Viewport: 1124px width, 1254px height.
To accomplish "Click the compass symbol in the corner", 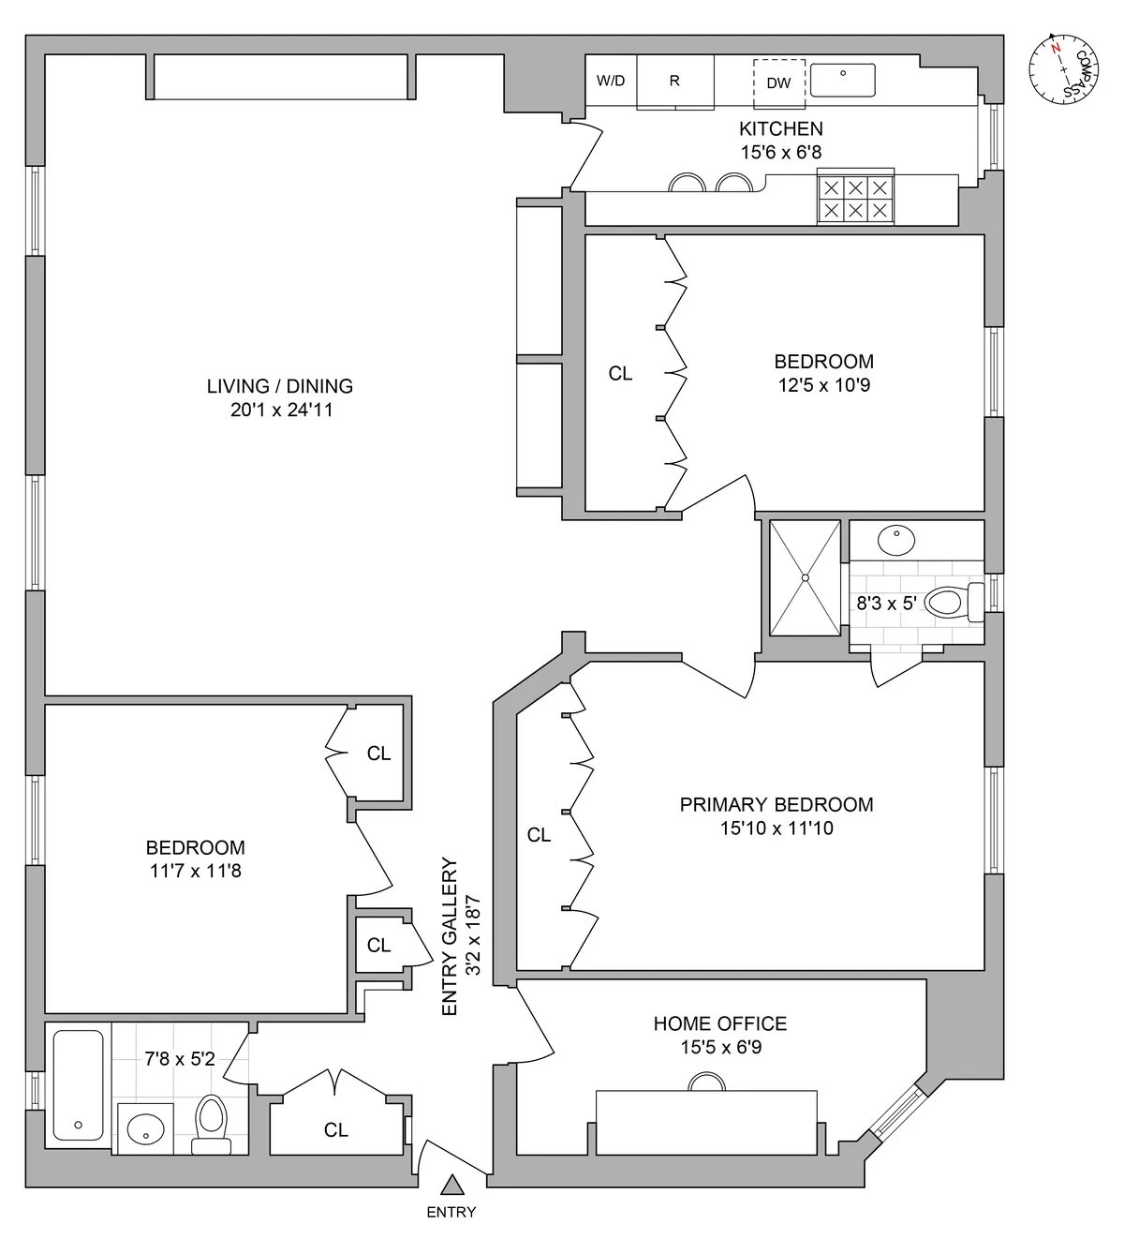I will [x=1062, y=68].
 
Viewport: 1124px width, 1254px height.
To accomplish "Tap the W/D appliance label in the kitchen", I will [x=611, y=81].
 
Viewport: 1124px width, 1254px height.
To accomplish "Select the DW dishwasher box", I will [x=778, y=82].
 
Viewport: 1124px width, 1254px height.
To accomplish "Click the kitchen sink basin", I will [x=842, y=80].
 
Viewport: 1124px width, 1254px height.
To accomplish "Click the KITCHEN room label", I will [x=780, y=129].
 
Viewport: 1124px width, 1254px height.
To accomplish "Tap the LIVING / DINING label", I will [x=280, y=386].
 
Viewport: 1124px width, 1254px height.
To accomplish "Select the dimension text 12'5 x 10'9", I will [x=823, y=385].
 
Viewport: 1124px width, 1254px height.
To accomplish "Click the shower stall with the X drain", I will [x=805, y=577].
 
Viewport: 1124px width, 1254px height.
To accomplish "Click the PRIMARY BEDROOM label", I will [x=776, y=804].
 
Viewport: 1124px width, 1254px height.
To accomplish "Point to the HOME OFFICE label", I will [x=719, y=1023].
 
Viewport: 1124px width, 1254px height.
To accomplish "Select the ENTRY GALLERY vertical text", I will [x=451, y=936].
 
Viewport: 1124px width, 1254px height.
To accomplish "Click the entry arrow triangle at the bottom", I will [x=452, y=1186].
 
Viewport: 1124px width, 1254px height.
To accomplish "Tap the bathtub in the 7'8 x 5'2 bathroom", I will [x=78, y=1085].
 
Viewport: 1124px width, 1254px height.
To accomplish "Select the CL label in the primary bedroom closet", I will [x=539, y=834].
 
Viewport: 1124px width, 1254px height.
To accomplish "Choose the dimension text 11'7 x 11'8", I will [x=195, y=871].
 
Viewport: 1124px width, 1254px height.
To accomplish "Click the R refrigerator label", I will [x=673, y=81].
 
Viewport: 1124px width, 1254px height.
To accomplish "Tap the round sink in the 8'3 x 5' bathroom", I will [x=896, y=541].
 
